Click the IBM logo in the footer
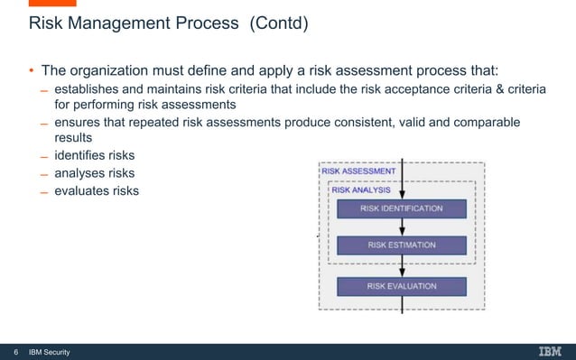pyautogui.click(x=551, y=351)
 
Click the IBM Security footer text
pyautogui.click(x=50, y=351)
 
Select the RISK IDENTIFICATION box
pyautogui.click(x=401, y=208)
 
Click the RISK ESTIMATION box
pyautogui.click(x=401, y=245)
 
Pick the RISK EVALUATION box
pyautogui.click(x=401, y=286)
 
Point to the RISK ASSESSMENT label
pyautogui.click(x=358, y=171)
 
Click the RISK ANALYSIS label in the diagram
pyautogui.click(x=361, y=189)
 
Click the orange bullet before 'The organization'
pyautogui.click(x=30, y=72)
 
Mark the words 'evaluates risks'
pyautogui.click(x=97, y=190)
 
